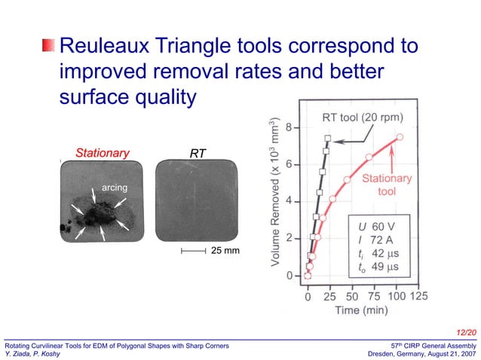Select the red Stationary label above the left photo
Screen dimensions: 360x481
[102, 153]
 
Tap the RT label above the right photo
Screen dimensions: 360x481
[198, 153]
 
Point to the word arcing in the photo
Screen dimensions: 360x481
[115, 187]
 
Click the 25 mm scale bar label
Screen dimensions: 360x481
[225, 249]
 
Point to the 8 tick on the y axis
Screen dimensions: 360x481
[289, 127]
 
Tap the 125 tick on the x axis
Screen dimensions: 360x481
[418, 296]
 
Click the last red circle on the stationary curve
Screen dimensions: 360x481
[400, 137]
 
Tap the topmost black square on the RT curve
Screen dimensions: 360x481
[327, 138]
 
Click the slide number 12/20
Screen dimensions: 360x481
[467, 331]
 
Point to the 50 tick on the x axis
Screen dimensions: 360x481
[351, 296]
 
